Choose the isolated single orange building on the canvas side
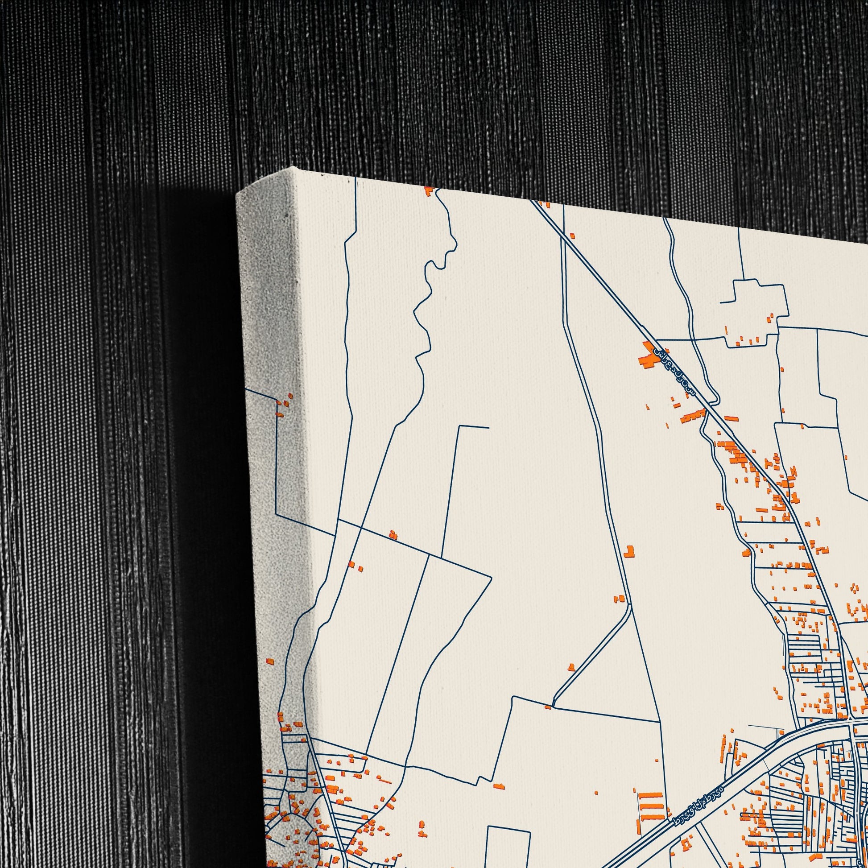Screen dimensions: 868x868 tap(269, 661)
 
